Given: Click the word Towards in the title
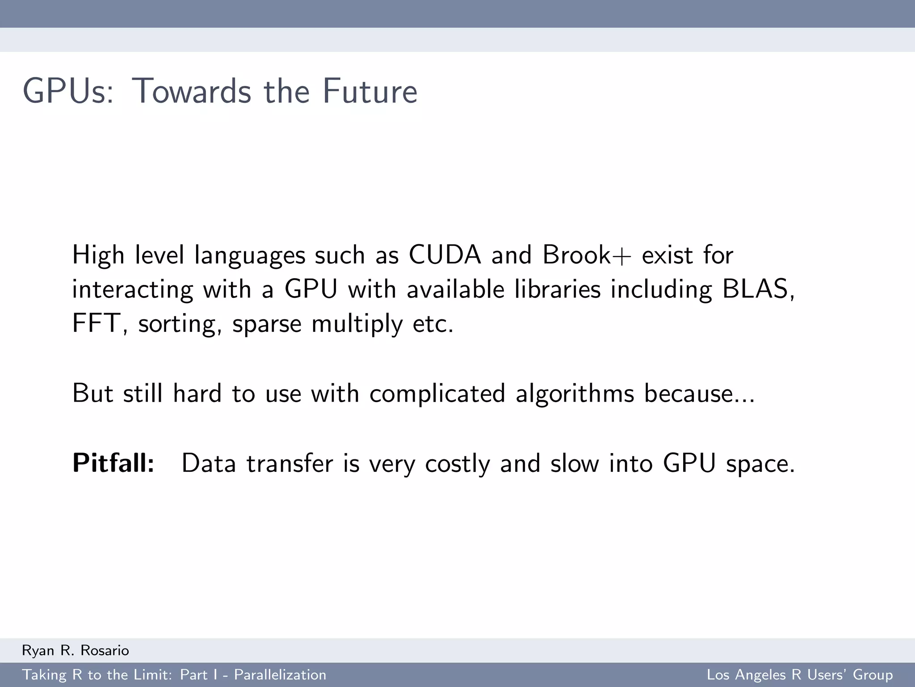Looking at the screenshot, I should (x=192, y=91).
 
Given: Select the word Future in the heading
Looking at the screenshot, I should (x=370, y=91).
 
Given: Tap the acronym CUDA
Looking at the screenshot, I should (x=445, y=255).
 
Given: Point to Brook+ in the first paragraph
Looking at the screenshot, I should (x=587, y=255).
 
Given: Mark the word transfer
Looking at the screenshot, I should (x=290, y=463).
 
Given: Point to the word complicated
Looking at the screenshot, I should (x=437, y=394).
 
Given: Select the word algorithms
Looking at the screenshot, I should (x=575, y=394).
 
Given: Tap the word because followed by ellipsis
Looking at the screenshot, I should (x=699, y=393).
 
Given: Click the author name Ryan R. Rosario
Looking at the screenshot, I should (x=76, y=650).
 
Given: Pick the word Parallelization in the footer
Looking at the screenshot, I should (x=280, y=675).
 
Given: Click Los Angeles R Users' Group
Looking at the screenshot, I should (x=800, y=675).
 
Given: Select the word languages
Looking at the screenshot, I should (x=250, y=256).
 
